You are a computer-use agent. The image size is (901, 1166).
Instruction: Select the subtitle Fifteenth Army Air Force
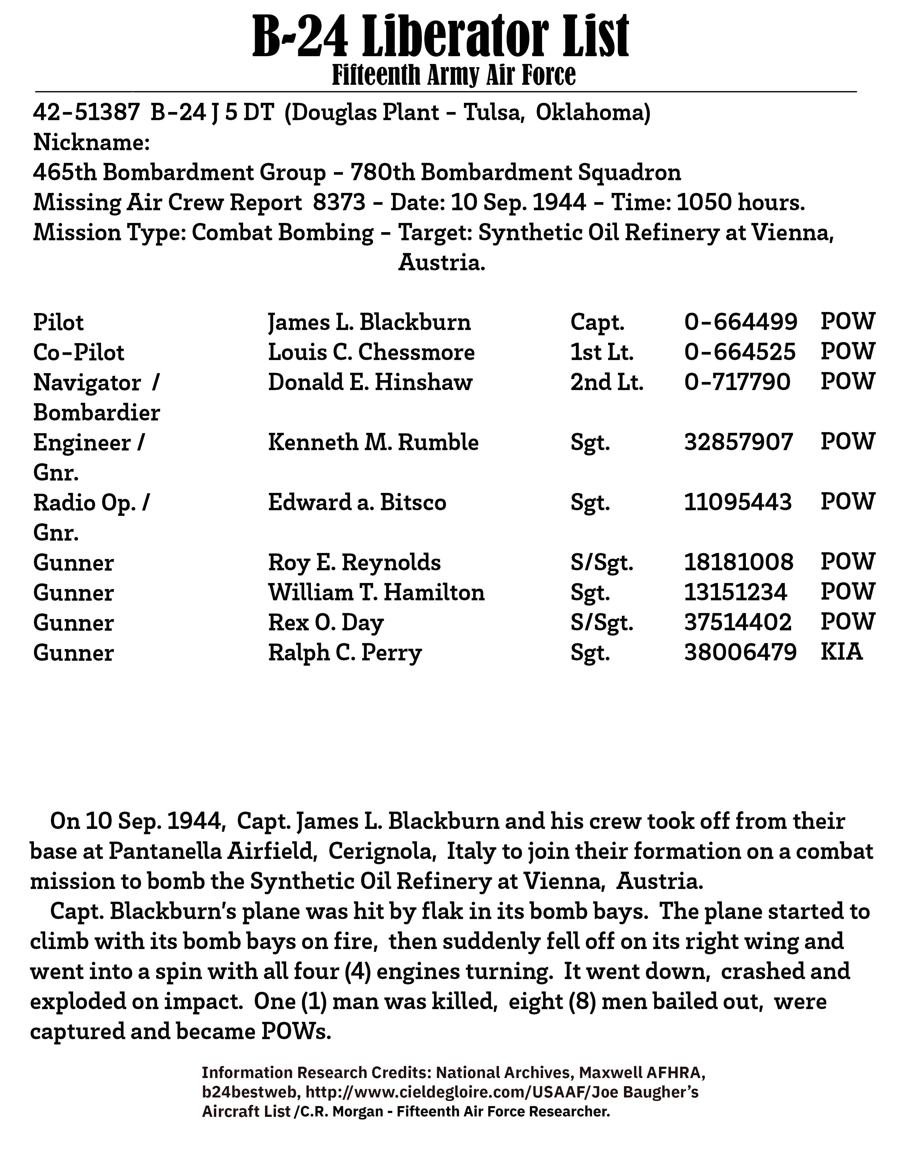[454, 75]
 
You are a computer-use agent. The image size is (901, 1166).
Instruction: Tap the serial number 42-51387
[86, 113]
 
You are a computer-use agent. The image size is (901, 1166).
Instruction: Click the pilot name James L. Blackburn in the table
[369, 323]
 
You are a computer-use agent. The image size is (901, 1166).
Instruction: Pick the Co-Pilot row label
[78, 352]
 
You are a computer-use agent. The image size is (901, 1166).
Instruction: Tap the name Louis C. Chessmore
[371, 352]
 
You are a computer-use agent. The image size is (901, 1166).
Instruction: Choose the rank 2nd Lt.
[607, 382]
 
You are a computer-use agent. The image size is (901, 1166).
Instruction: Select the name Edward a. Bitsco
[357, 502]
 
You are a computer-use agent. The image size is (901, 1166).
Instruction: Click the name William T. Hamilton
[376, 593]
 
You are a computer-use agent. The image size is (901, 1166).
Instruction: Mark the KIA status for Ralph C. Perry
[841, 652]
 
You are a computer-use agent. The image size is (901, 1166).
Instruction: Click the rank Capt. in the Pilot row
[597, 323]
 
